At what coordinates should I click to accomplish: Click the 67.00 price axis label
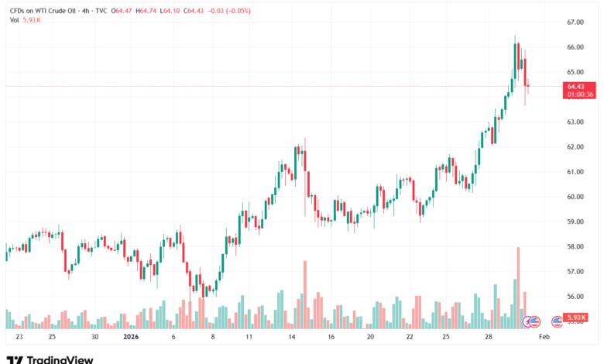coord(576,22)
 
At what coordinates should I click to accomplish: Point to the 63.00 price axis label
coord(576,122)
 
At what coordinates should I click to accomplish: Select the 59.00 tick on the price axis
coord(576,221)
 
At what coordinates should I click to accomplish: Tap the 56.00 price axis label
coord(576,297)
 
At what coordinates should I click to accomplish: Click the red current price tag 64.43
coord(580,86)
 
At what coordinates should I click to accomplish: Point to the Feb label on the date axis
coord(544,338)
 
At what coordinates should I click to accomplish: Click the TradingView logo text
coord(60,359)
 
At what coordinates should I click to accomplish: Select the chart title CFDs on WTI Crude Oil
coord(45,12)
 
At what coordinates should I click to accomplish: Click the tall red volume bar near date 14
coord(305,295)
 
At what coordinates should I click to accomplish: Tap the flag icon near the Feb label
coord(557,320)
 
